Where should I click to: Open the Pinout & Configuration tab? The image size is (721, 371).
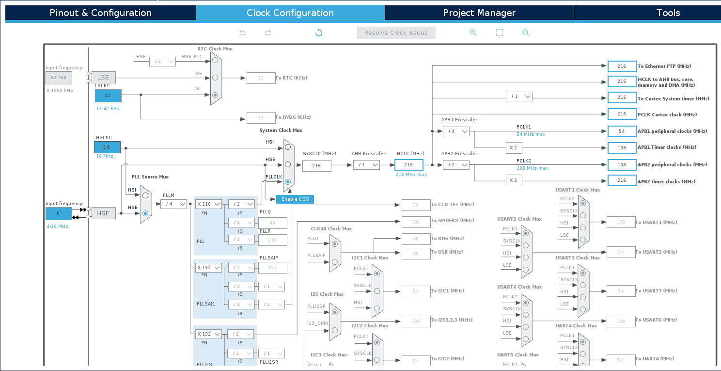(x=100, y=13)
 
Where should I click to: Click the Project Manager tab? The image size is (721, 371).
(x=479, y=13)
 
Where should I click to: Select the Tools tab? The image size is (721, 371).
(x=668, y=13)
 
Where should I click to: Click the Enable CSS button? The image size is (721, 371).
(x=295, y=199)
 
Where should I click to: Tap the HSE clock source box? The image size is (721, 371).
(x=103, y=213)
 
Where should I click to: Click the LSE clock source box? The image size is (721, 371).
(x=103, y=78)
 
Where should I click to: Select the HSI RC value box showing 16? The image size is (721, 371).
(x=107, y=147)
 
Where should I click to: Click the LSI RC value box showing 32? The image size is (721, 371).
(x=108, y=96)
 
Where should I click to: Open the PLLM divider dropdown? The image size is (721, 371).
(x=173, y=204)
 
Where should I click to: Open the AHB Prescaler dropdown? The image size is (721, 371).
(x=366, y=165)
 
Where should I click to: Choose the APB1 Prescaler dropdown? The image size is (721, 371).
(x=456, y=131)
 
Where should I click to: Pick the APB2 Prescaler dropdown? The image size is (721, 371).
(x=456, y=165)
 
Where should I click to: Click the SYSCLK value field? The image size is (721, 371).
(x=317, y=165)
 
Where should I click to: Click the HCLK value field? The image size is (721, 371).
(x=408, y=165)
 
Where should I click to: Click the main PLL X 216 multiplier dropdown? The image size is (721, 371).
(x=208, y=204)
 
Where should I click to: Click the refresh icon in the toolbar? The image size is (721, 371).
(x=319, y=32)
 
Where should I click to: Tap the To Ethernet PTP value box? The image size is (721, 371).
(x=622, y=66)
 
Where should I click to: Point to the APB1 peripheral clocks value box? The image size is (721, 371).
(x=622, y=131)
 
